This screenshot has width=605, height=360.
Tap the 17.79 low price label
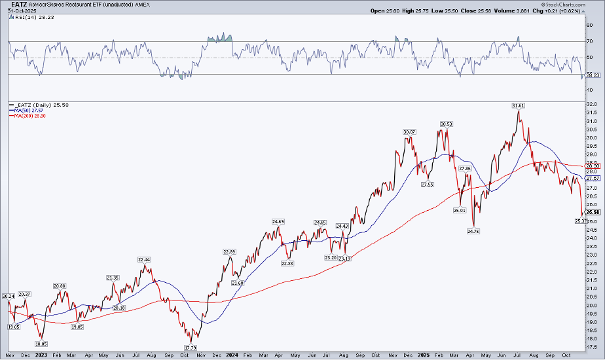click(x=191, y=348)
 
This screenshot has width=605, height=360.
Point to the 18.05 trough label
click(x=41, y=343)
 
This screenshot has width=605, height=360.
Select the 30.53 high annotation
click(x=447, y=124)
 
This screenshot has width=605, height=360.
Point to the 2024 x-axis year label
click(x=231, y=355)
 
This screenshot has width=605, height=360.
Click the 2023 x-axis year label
click(x=41, y=355)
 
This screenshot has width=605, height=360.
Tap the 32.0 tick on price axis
click(x=591, y=104)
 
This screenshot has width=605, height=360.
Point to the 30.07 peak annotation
click(x=410, y=132)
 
